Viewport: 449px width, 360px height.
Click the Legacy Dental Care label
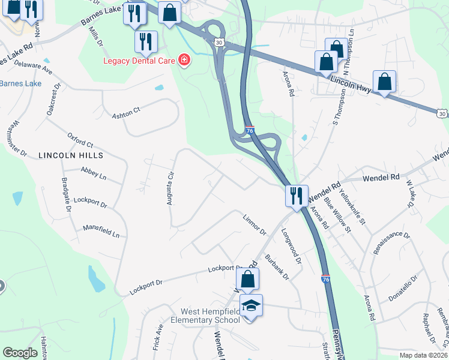(139, 61)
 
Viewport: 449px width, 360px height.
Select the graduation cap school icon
(251, 306)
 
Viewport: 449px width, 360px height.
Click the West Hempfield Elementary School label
(211, 316)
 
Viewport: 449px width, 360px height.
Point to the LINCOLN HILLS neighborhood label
(70, 155)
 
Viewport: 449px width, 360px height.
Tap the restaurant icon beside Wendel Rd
(295, 195)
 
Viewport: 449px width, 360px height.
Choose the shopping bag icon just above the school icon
(247, 279)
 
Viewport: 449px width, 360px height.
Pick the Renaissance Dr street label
(390, 244)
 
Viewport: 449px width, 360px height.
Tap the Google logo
(20, 353)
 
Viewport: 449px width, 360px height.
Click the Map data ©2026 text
(423, 355)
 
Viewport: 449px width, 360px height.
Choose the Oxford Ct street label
(80, 140)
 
